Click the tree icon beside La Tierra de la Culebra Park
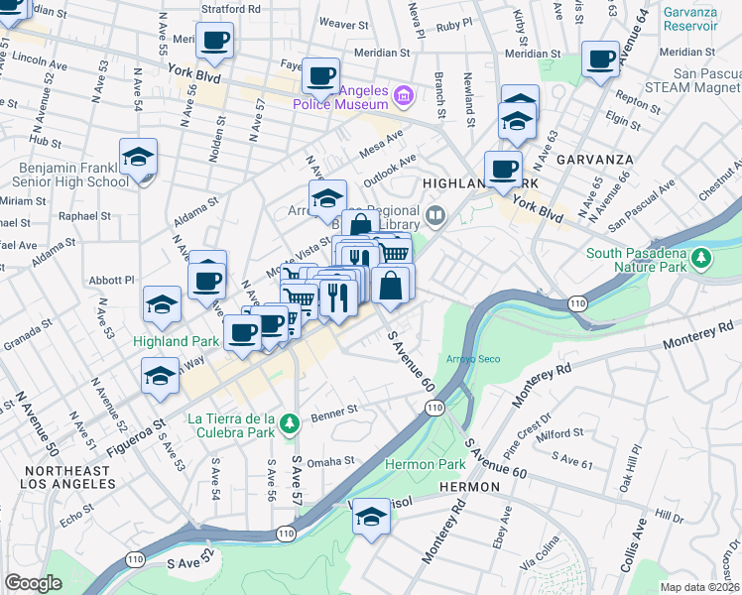[x=289, y=423]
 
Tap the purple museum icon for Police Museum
[x=404, y=96]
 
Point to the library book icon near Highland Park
[x=434, y=215]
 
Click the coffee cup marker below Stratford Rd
[x=214, y=43]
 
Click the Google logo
[x=33, y=583]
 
